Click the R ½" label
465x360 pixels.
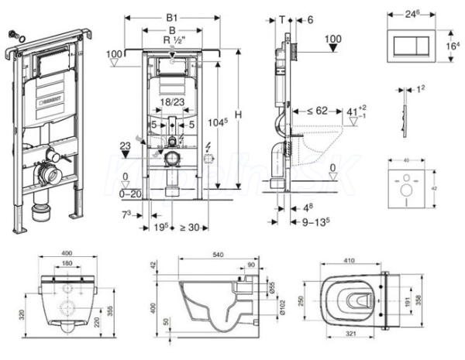pos(172,40)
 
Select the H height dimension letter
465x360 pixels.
pos(239,114)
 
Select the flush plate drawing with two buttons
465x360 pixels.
pos(408,46)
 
